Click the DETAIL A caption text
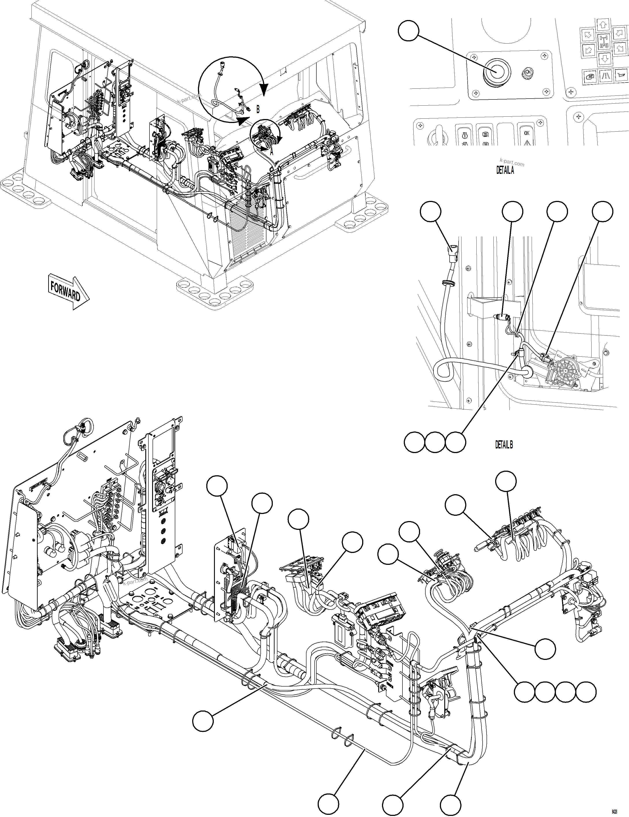[x=505, y=171]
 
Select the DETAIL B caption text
[x=504, y=445]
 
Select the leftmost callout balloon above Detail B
[x=431, y=212]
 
